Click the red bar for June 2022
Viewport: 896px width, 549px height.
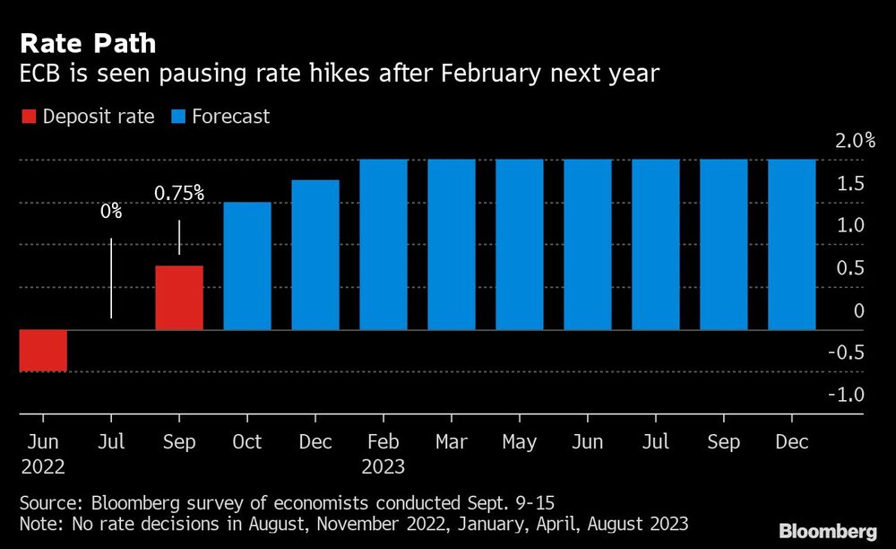pos(43,350)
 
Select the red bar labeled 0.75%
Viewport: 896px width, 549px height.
pos(179,298)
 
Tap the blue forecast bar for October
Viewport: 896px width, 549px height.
pos(246,266)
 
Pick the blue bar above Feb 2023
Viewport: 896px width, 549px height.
pos(383,245)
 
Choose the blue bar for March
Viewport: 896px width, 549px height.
pos(452,245)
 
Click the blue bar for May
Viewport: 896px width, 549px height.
pos(520,245)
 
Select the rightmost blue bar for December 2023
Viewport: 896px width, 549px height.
pos(792,245)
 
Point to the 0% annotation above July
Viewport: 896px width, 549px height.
pos(111,213)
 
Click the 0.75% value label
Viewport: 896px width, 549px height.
pos(179,192)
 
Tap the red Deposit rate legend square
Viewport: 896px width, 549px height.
pos(28,117)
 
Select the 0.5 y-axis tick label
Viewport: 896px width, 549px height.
pos(850,268)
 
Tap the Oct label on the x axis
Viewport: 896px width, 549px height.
pos(246,442)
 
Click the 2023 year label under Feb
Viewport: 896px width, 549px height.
pos(383,467)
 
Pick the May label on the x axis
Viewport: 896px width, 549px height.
pos(520,442)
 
